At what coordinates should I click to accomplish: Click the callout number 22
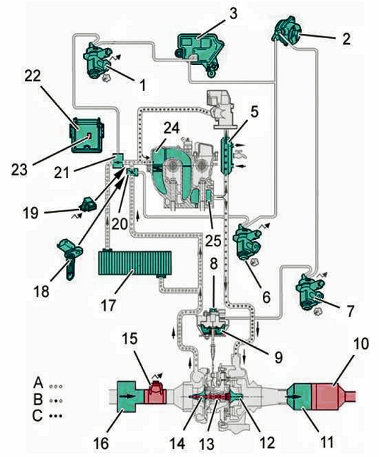(33, 76)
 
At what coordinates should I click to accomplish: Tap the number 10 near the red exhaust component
(361, 344)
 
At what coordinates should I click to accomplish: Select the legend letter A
(38, 383)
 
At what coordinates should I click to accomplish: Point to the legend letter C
(38, 415)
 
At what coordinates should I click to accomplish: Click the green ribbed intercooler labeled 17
(135, 263)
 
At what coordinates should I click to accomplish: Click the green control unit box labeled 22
(87, 135)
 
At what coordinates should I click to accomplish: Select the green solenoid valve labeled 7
(310, 291)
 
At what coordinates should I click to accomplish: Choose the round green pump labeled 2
(287, 31)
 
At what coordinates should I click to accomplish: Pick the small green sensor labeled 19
(87, 205)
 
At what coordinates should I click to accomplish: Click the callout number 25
(213, 241)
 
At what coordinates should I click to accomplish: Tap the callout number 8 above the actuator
(214, 265)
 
